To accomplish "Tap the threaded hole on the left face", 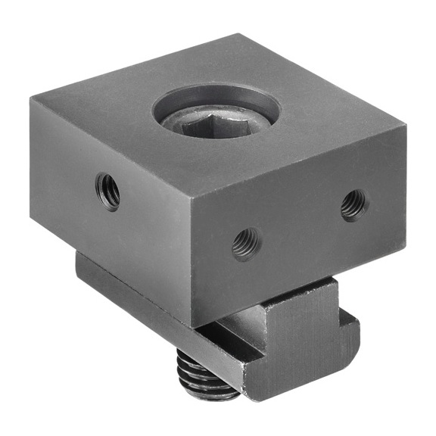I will pyautogui.click(x=107, y=192).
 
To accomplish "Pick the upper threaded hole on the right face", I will pyautogui.click(x=353, y=204).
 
